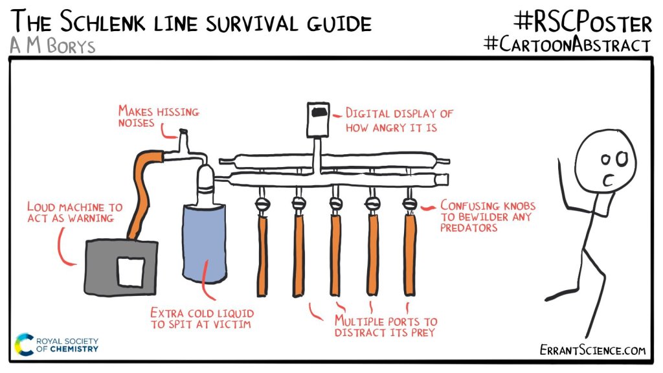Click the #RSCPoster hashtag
click(582, 23)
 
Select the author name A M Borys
click(53, 46)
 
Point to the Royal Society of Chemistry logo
click(57, 344)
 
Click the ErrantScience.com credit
click(592, 350)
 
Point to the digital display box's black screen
click(319, 114)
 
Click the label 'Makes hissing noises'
click(158, 117)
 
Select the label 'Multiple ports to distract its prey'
click(385, 326)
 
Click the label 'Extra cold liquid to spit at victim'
click(201, 318)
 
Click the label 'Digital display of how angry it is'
click(399, 120)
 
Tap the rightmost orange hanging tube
click(410, 253)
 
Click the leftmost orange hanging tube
click(262, 253)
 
